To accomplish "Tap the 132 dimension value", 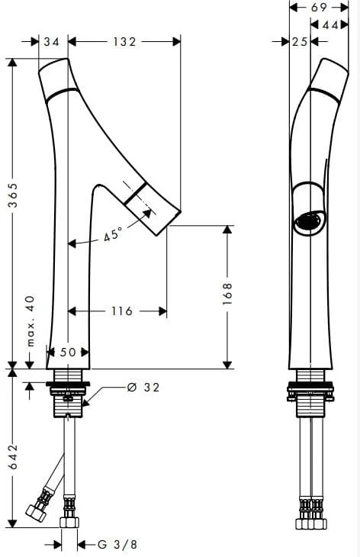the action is coord(124,42).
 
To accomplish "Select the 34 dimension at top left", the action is coord(52,42).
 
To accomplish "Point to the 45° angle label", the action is coord(113,234).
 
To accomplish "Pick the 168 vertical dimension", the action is coord(227,294).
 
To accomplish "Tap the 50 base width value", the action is coord(68,352).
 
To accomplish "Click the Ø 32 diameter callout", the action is coord(143,387).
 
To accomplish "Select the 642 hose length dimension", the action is coord(13,456).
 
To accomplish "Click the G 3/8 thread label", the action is coord(117,544).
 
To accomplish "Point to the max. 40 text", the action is coord(31,320).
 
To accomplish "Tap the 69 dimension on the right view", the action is coord(319,8).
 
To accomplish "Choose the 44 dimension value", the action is coord(330,25).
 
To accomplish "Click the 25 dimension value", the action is coord(300,42).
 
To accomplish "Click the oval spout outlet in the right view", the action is coord(308,222).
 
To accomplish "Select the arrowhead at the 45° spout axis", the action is coord(146,214).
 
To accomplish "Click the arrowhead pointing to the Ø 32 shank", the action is coord(86,402).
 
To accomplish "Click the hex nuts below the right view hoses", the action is coord(311,524).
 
